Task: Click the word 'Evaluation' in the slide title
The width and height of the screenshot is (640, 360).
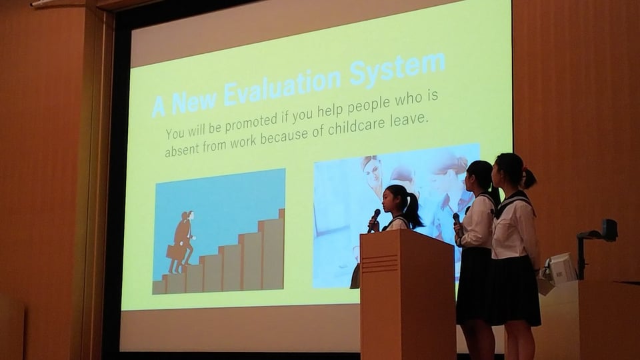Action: coord(281,87)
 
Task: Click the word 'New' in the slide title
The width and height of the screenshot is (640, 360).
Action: coord(192,101)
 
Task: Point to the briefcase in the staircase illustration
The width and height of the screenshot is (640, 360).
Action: coord(173,251)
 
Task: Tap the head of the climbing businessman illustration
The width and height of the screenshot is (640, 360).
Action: coord(190,216)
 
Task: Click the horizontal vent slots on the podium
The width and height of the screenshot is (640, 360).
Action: coord(380,264)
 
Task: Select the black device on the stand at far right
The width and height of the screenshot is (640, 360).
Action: coord(609,229)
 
